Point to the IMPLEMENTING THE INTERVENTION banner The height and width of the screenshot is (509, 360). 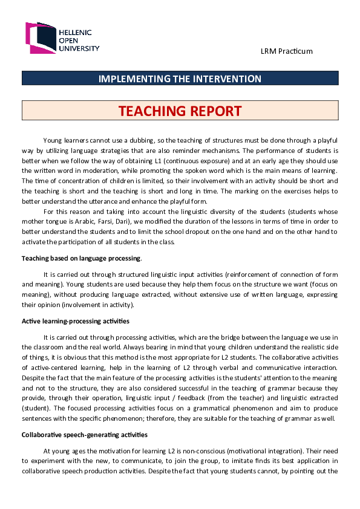pos(180,79)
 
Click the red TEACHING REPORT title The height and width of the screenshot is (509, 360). pos(180,111)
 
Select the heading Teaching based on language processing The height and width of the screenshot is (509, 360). pos(82,259)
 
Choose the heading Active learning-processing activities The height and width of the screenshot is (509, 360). pos(75,320)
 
